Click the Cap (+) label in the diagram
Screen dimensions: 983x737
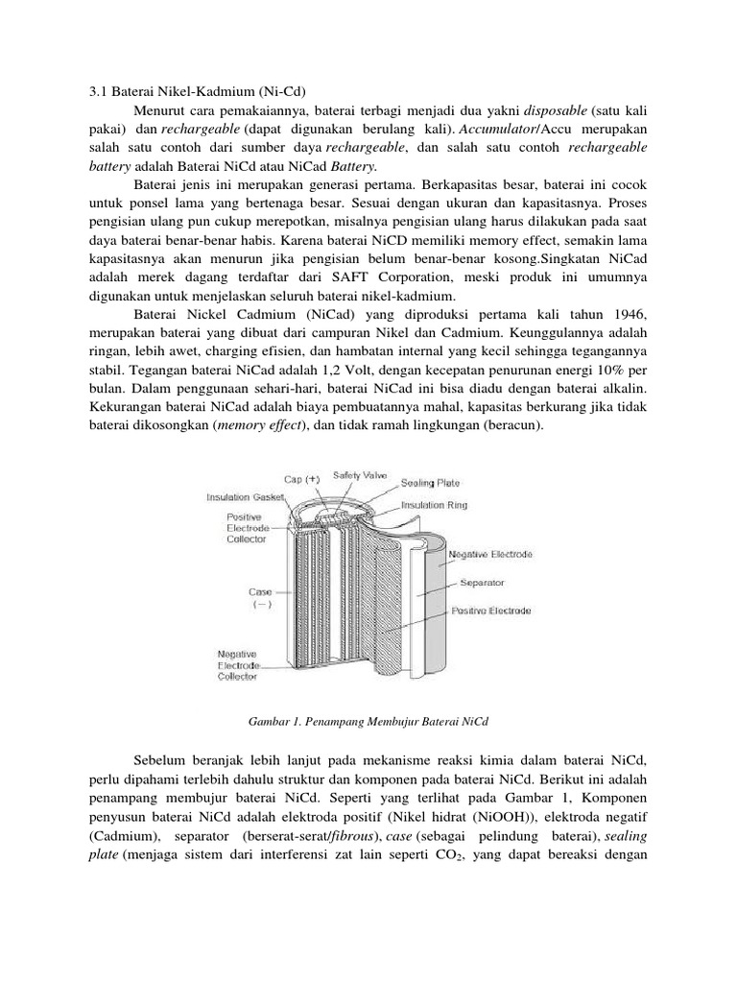tap(301, 478)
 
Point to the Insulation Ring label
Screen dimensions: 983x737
tap(434, 502)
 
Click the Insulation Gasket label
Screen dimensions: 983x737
tap(248, 497)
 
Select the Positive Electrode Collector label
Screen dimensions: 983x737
tap(240, 527)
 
